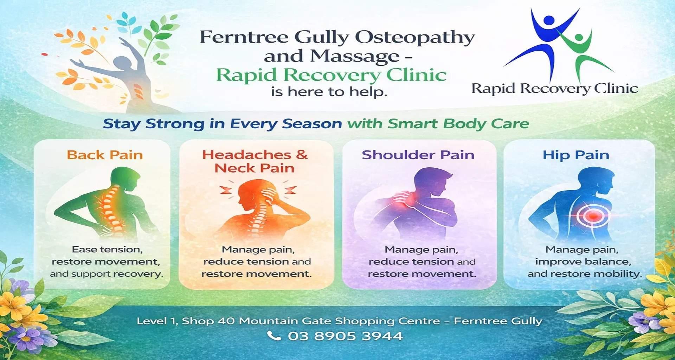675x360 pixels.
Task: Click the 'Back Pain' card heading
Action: coord(105,155)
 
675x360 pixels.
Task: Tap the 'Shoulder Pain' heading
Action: coord(418,155)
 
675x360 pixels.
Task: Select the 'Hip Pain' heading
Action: coord(576,155)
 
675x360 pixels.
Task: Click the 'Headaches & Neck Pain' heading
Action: coord(255,161)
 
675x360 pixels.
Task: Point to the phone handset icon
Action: coord(274,336)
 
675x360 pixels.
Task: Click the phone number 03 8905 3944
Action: coord(345,336)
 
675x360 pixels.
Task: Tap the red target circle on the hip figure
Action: coord(593,215)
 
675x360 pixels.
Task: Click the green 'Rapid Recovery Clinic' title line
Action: coord(331,75)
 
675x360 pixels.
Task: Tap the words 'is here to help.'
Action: coord(329,92)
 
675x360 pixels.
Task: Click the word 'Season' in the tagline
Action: coord(312,124)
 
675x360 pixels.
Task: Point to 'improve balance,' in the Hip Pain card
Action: coord(583,262)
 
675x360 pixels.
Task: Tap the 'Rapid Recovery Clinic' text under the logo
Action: coord(555,89)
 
